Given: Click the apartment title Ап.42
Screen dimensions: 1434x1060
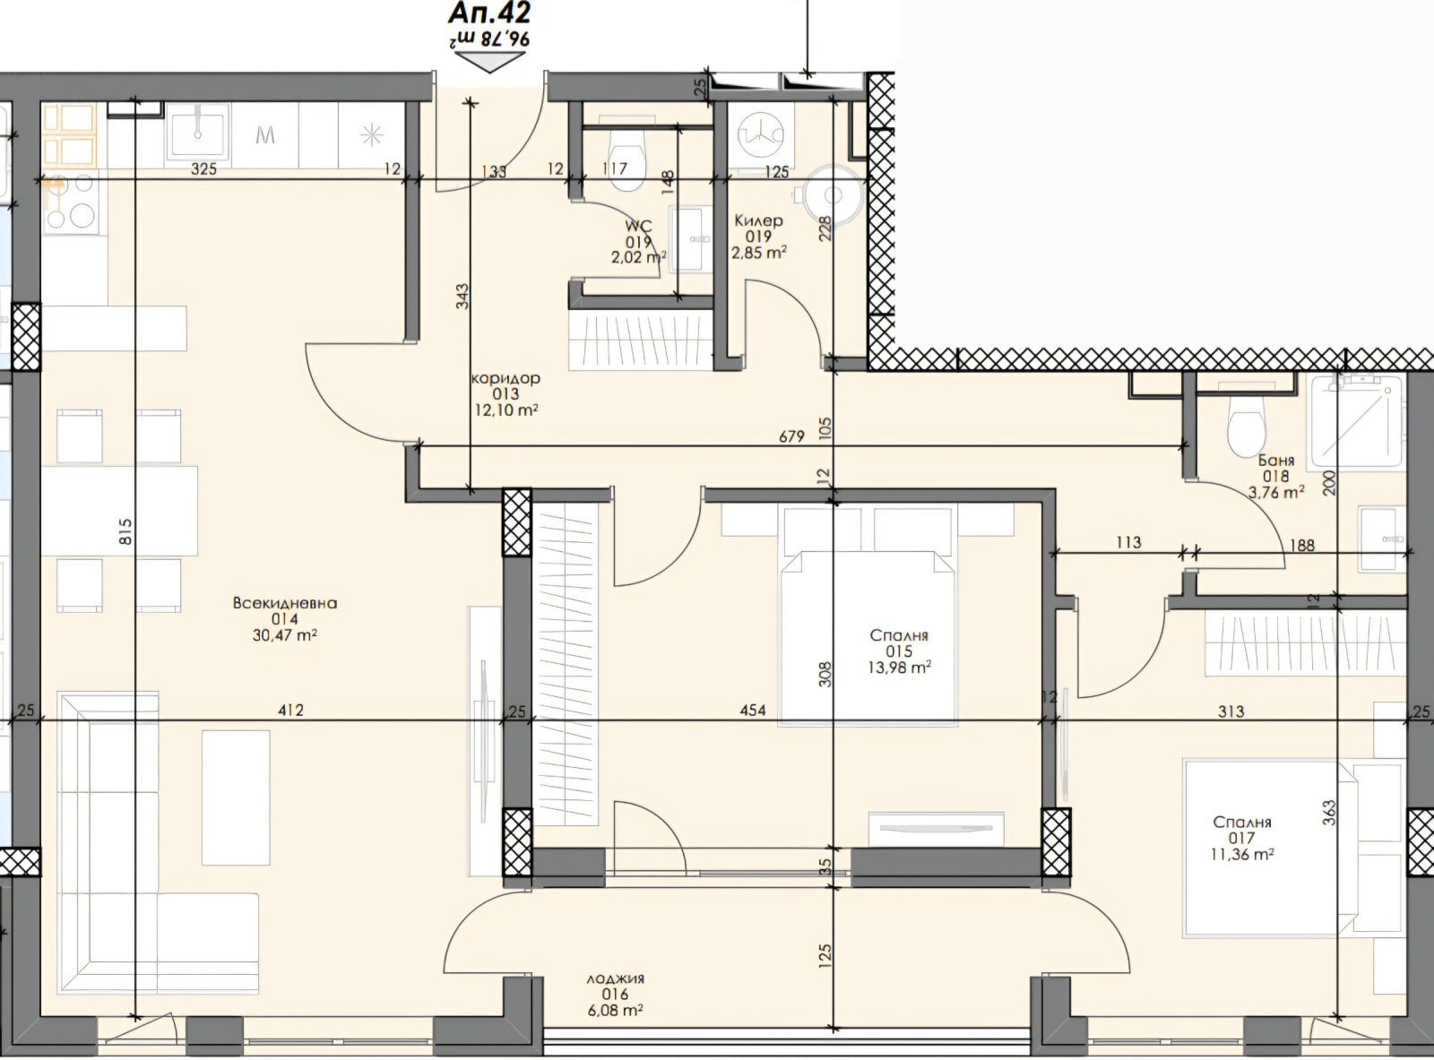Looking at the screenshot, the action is (489, 13).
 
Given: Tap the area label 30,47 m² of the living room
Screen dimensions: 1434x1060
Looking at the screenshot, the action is (284, 634).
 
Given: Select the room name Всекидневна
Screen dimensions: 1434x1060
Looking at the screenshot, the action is (285, 603).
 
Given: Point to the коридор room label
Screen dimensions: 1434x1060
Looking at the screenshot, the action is (506, 378).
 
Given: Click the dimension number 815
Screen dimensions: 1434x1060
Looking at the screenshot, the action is (125, 531).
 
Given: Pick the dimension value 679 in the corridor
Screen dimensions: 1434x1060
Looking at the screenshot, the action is (791, 437).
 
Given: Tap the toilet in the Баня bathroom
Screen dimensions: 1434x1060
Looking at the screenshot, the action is (1245, 426).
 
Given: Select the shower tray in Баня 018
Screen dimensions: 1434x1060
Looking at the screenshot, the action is (1357, 422).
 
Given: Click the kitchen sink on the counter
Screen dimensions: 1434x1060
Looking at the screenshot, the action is (198, 134).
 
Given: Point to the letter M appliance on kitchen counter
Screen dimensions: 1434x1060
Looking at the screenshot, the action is (265, 135).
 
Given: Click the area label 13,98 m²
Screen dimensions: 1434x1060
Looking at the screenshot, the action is (899, 667).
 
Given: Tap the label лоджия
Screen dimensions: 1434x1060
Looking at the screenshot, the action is (615, 978).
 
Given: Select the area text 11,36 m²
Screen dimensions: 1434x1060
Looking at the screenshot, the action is (1242, 854).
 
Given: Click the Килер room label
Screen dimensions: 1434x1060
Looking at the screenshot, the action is (758, 220).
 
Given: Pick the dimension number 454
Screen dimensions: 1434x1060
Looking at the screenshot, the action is (753, 711).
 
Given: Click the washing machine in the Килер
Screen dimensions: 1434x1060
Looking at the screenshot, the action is (760, 134).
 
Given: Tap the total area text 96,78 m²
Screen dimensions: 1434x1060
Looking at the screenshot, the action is (489, 39).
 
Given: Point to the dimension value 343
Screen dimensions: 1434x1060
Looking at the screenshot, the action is (462, 297).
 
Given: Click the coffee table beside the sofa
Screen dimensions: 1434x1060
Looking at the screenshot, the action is (236, 797).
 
